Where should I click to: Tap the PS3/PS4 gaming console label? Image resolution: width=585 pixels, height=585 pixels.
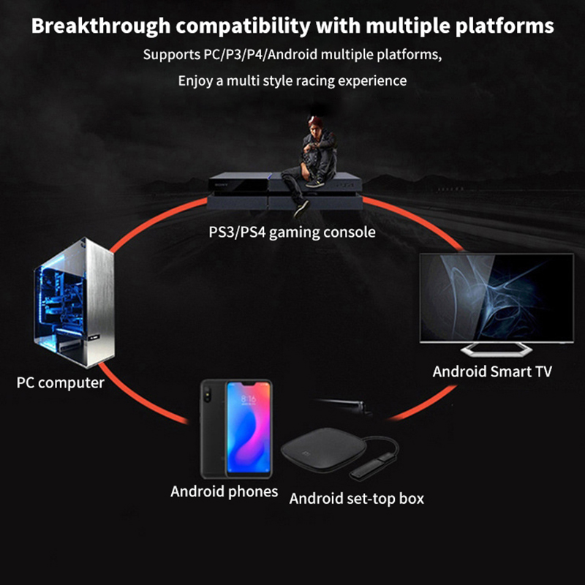point(292,233)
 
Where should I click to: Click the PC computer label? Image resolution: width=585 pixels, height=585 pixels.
point(61,382)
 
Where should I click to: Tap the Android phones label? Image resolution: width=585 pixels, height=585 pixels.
point(224,491)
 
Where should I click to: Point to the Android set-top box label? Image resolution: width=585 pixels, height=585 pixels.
point(357,499)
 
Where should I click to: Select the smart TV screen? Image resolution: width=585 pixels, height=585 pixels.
point(495,296)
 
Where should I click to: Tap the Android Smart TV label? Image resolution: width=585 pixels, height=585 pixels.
point(492,371)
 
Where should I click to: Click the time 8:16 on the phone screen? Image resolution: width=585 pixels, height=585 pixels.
point(249,400)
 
